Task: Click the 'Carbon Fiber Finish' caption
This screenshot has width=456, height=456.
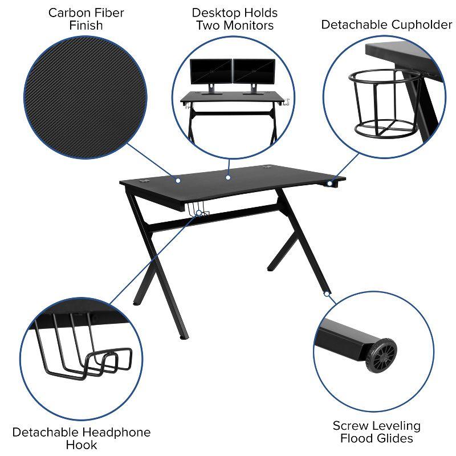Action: pyautogui.click(x=86, y=19)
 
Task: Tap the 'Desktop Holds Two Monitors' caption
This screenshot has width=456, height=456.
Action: pyautogui.click(x=234, y=19)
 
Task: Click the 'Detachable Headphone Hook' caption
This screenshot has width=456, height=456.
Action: pyautogui.click(x=82, y=438)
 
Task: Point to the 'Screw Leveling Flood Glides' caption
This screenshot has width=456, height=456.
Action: pyautogui.click(x=377, y=431)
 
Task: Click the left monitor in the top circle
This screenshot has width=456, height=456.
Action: pyautogui.click(x=211, y=72)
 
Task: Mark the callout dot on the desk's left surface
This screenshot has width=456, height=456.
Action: pyautogui.click(x=178, y=180)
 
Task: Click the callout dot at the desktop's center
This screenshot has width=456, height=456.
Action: pyautogui.click(x=227, y=177)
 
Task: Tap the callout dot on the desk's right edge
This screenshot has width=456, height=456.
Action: pyautogui.click(x=329, y=183)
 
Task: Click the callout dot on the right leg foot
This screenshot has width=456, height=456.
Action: pyautogui.click(x=327, y=294)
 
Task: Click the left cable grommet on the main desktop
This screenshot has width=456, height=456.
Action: pyautogui.click(x=144, y=183)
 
